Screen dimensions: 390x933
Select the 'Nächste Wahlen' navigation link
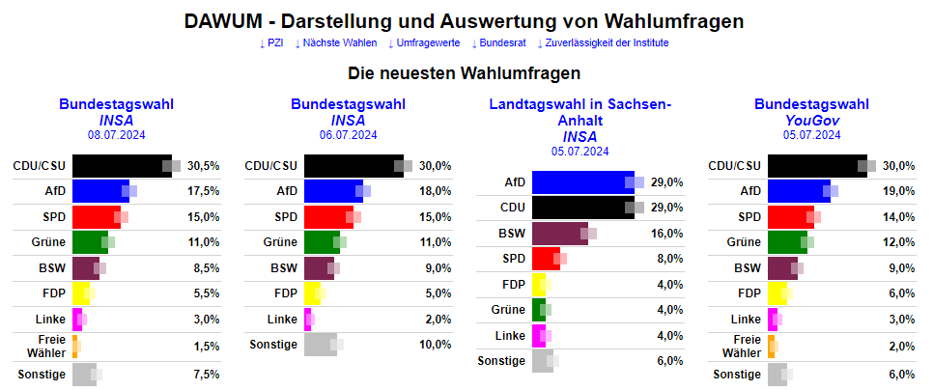(x=339, y=42)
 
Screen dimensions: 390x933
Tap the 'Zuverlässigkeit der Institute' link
(x=606, y=42)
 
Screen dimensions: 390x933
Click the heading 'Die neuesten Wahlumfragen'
(x=465, y=72)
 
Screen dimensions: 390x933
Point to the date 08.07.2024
(x=116, y=135)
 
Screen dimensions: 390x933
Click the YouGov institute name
(x=811, y=120)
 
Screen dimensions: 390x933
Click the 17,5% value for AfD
(x=204, y=191)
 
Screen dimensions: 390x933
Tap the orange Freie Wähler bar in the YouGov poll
(x=772, y=346)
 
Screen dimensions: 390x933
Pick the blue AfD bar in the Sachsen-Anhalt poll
(x=582, y=181)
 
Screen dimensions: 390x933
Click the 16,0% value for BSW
(x=667, y=233)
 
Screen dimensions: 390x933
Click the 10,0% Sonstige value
(x=436, y=345)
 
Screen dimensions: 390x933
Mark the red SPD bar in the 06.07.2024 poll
(x=327, y=217)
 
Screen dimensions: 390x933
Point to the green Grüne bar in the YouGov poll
(x=786, y=242)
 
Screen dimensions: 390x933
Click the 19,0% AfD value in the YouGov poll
(x=899, y=191)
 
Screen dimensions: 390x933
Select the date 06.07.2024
(x=348, y=135)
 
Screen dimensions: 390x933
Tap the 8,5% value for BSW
(x=204, y=268)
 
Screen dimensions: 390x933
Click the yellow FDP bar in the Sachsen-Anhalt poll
(x=538, y=284)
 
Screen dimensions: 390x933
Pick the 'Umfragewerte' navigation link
(x=423, y=42)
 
